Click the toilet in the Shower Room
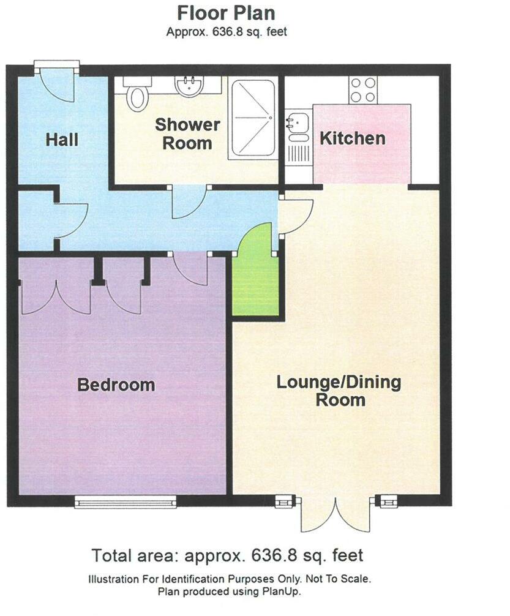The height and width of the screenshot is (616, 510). point(138,95)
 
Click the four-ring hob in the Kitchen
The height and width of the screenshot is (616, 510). point(362,89)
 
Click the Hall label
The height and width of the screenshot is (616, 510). point(62,140)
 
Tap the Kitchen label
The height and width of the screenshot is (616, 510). point(353,138)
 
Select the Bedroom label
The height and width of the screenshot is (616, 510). point(116,385)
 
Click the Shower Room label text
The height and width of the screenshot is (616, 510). point(187,134)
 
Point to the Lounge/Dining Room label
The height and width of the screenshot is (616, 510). point(339,391)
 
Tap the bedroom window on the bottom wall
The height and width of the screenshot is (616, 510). point(126,501)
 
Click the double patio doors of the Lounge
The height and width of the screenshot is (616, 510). point(336,514)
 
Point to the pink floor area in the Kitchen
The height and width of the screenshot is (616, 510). point(361,160)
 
